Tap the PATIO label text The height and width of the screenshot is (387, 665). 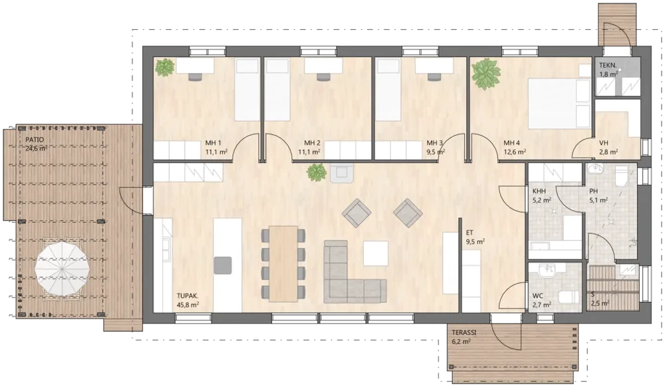(35, 140)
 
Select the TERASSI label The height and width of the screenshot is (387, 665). (464, 332)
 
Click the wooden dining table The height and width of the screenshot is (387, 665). (284, 264)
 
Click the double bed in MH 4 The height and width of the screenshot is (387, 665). (559, 103)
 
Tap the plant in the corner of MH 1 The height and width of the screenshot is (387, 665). (164, 67)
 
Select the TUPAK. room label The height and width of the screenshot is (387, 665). (188, 296)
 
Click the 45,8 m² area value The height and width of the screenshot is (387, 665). (188, 305)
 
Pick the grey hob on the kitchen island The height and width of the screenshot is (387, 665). (223, 265)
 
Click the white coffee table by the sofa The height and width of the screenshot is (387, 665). (376, 253)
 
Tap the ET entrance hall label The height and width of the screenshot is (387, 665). (469, 233)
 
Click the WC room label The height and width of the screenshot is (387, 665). (538, 297)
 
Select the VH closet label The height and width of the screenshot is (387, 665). (604, 143)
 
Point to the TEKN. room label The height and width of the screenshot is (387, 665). (608, 66)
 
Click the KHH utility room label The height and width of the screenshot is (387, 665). (539, 191)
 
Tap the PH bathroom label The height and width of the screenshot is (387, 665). (593, 191)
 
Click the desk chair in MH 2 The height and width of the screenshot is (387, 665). (323, 76)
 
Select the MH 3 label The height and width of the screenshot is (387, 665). (435, 143)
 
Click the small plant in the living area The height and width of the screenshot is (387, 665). (317, 172)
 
